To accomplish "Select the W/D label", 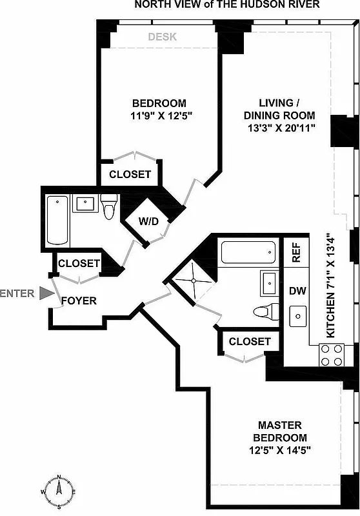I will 153,221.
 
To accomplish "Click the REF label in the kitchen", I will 297,251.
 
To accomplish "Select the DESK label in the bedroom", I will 162,37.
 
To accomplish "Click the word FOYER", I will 79,301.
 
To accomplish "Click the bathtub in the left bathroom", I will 58,220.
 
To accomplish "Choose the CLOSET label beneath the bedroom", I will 130,174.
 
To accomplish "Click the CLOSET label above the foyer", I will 79,263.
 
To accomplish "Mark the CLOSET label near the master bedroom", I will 250,341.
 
